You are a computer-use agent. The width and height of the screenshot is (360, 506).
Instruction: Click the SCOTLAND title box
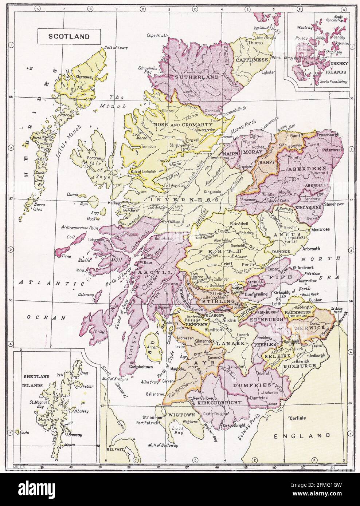[x=64, y=36]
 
